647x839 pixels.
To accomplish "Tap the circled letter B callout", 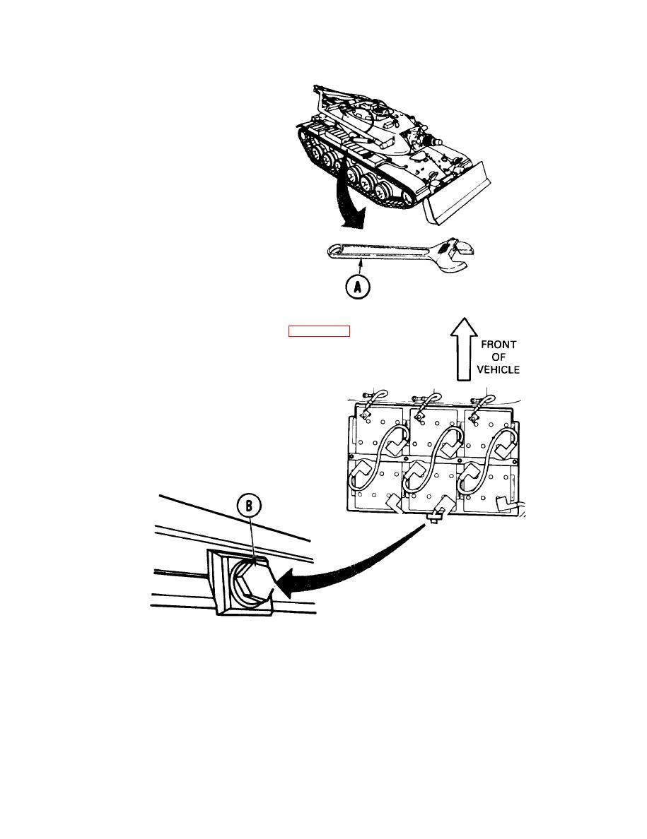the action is [x=249, y=505].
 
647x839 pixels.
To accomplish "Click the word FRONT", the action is [x=498, y=345].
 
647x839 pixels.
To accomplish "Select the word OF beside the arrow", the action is [x=498, y=357].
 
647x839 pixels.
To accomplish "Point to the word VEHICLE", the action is [x=498, y=369].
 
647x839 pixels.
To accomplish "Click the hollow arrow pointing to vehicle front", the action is [x=464, y=349].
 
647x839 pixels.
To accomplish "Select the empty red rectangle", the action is [x=319, y=331].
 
